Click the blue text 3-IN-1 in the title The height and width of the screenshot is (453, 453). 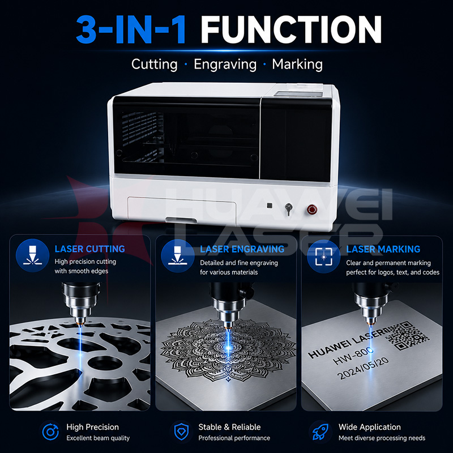131,30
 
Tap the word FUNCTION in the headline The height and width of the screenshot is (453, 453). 291,30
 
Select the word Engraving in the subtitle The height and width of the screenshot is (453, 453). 225,65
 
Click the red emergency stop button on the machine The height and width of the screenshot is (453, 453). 312,209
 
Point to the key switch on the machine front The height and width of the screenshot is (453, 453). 288,209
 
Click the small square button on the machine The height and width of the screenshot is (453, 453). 270,206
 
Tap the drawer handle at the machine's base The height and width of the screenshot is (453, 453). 181,220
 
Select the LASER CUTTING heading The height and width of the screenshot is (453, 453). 90,249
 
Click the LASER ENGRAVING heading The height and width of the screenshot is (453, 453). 242,249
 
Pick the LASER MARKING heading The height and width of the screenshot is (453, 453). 383,249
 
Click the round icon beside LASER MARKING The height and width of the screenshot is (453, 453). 323,257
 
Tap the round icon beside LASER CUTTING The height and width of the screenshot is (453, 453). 32,255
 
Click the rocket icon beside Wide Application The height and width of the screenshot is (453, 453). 321,431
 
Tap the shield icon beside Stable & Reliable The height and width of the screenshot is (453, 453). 182,431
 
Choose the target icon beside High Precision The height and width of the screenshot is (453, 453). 50,432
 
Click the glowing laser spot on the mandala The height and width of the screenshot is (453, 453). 228,348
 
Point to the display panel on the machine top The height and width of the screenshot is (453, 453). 298,94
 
